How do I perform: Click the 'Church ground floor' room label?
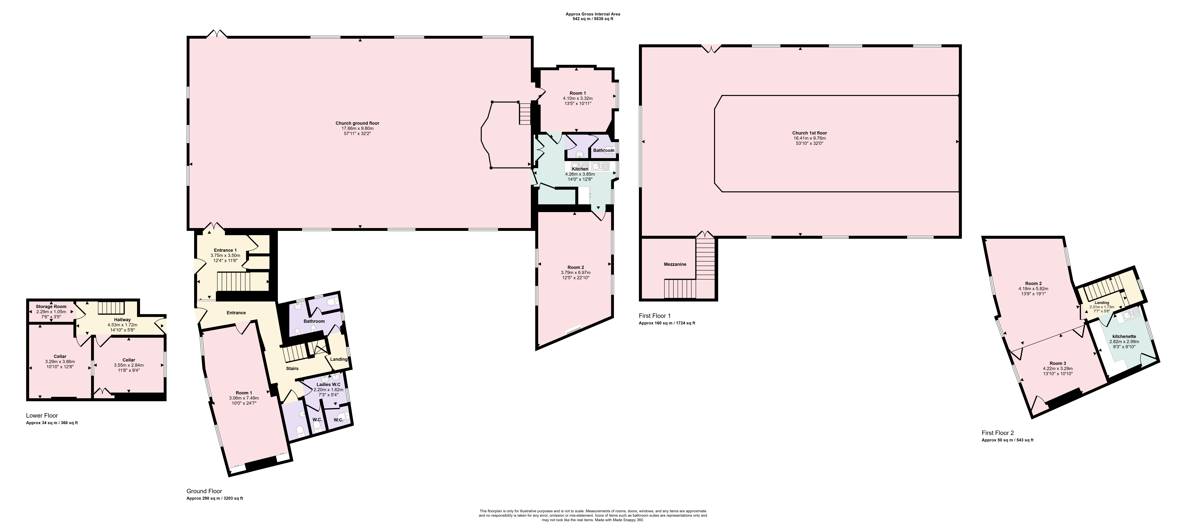357,123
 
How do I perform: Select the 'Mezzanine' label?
675,264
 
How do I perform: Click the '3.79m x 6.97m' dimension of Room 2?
576,273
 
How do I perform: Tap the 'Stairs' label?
292,368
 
